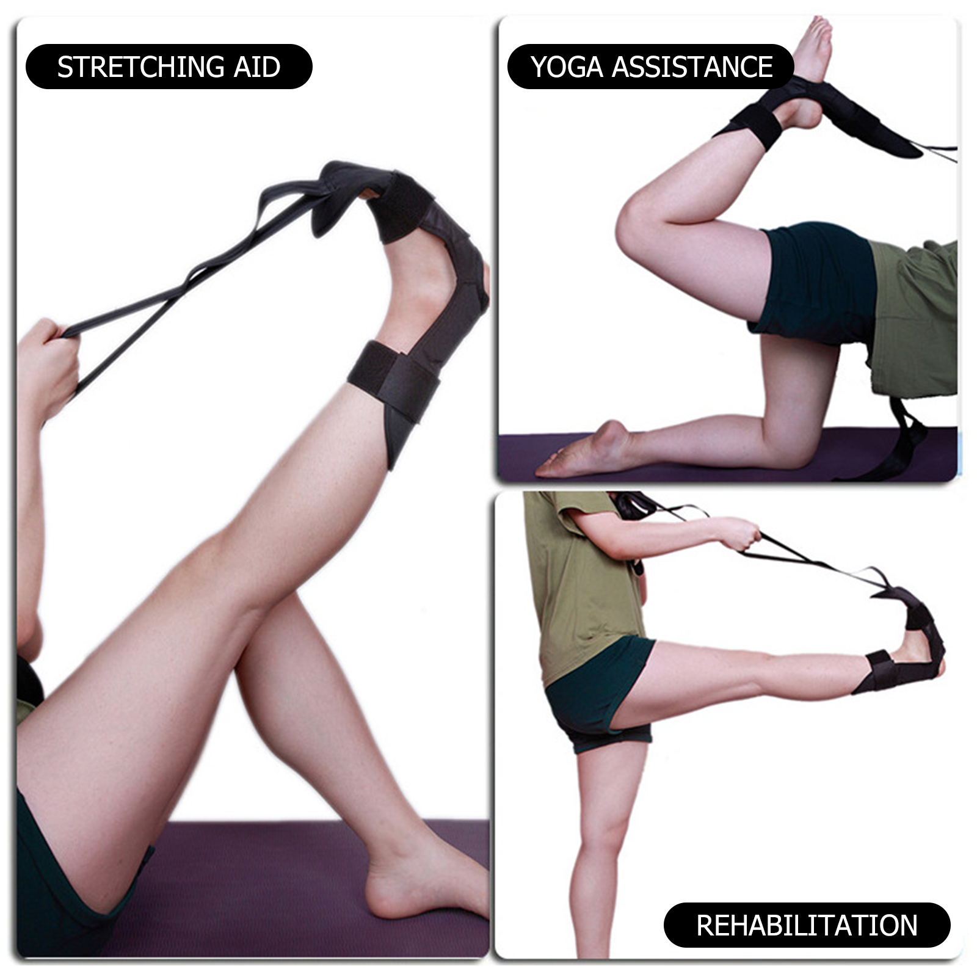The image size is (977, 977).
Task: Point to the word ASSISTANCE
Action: [x=692, y=67]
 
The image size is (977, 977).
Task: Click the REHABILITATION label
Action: [x=807, y=925]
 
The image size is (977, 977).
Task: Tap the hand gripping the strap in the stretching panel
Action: [x=46, y=366]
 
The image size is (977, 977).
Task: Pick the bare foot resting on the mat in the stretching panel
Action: [x=421, y=879]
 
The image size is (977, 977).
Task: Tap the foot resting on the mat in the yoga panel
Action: [x=586, y=452]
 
